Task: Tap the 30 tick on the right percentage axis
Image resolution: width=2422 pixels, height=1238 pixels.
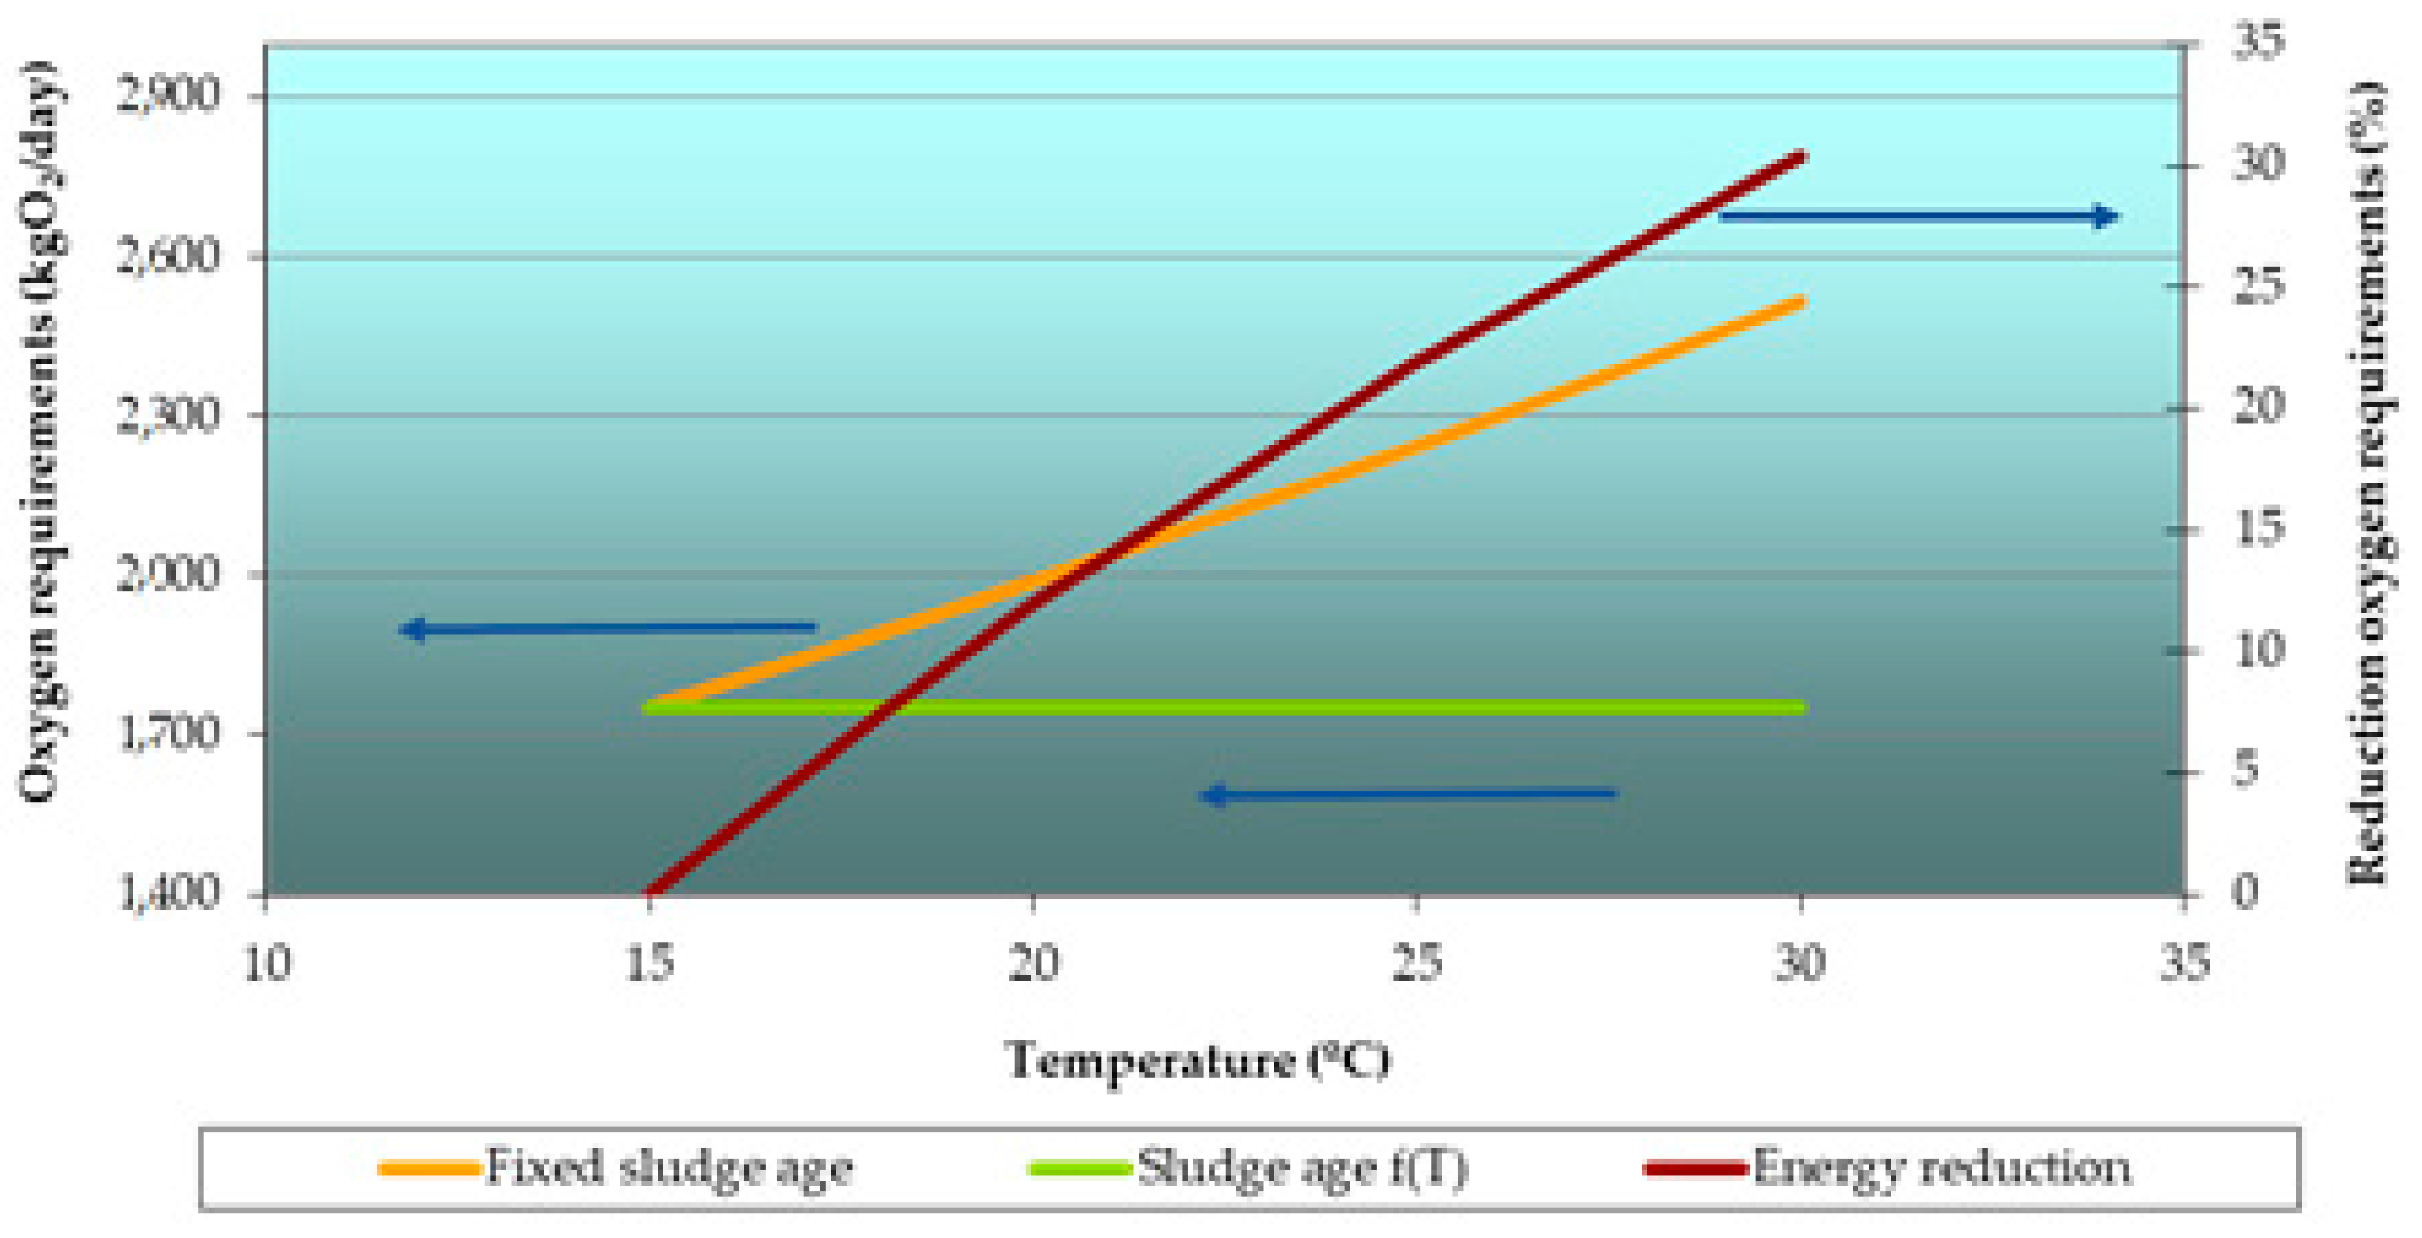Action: coord(2258,164)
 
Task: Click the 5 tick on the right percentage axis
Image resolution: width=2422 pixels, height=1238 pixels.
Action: coord(2247,771)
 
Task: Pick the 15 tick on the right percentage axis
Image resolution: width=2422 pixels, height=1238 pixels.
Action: coord(2258,529)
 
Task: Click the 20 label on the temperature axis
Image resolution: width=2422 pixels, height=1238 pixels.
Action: coord(1033,963)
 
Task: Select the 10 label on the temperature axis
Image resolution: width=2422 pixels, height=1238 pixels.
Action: coord(266,963)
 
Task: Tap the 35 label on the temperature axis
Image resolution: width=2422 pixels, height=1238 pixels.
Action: coord(2183,963)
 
